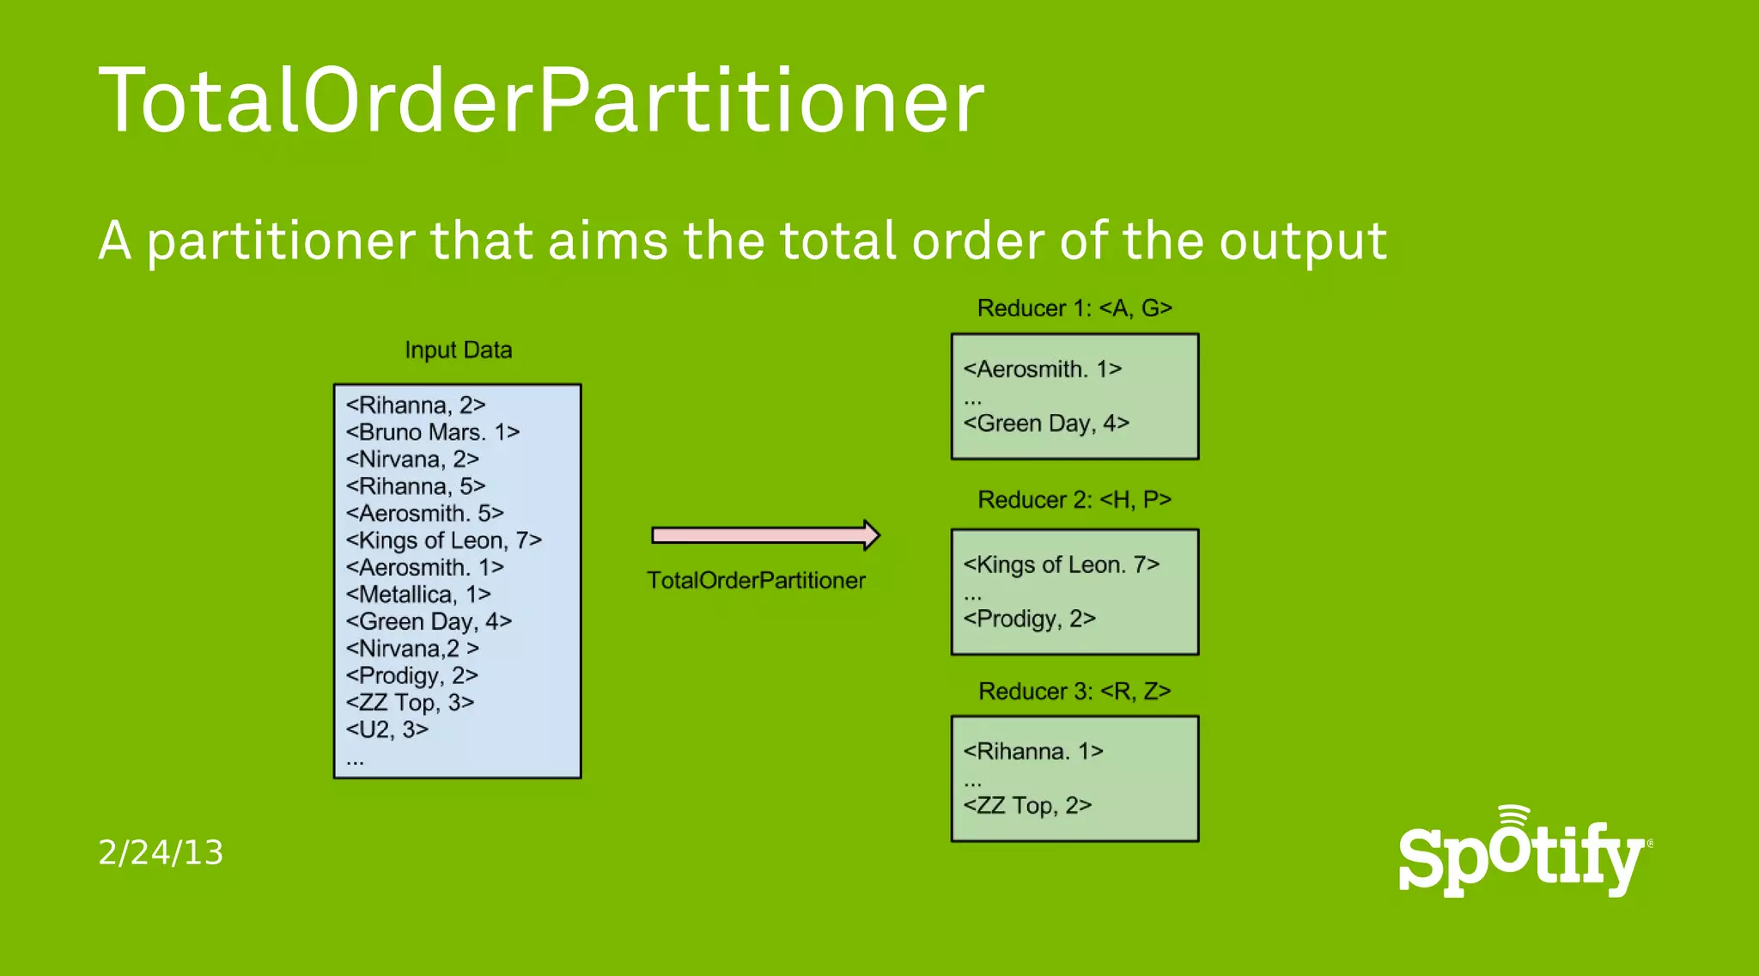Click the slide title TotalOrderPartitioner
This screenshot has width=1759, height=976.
[x=541, y=101]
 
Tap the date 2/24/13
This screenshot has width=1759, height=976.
[x=161, y=852]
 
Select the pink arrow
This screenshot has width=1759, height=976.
[x=765, y=535]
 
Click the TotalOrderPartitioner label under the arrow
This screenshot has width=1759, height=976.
[x=756, y=581]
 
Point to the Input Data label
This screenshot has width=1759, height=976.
[x=458, y=351]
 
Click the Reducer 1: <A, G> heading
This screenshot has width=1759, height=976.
[x=1074, y=308]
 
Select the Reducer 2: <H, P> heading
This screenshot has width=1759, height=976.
[x=1074, y=500]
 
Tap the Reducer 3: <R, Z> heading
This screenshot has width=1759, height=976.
[x=1074, y=692]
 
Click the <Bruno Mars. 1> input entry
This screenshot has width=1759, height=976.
[x=433, y=432]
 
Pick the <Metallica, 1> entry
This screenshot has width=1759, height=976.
[x=418, y=595]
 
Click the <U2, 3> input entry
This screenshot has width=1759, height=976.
[x=386, y=729]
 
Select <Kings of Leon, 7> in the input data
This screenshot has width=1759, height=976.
[x=444, y=540]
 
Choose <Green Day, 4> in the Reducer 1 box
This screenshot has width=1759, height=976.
[x=1046, y=424]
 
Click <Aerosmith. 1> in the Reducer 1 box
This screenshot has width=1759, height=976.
[x=1043, y=369]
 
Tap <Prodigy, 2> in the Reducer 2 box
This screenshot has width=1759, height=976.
[x=1029, y=619]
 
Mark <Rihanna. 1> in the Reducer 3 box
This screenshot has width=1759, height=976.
[x=1033, y=752]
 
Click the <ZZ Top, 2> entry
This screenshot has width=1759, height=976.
[x=1027, y=806]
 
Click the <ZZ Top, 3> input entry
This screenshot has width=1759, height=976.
[x=410, y=703]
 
